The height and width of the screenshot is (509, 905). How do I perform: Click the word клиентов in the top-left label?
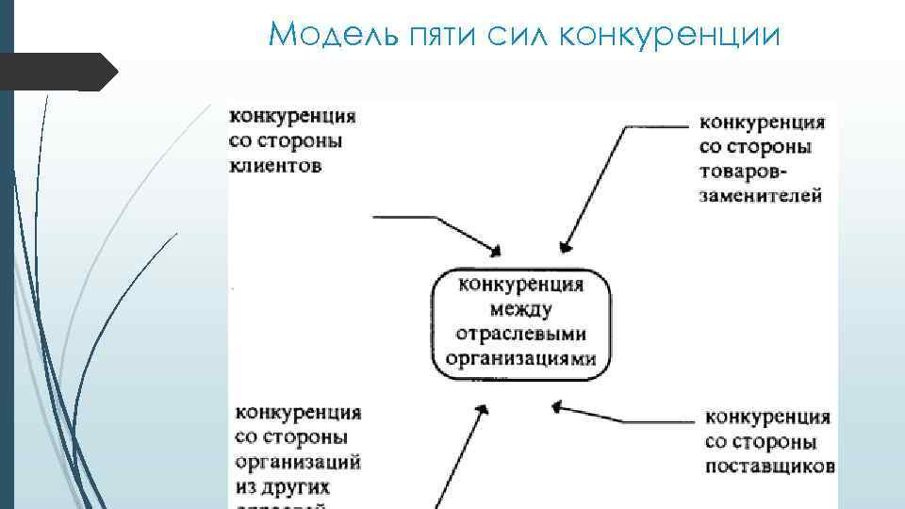(x=276, y=167)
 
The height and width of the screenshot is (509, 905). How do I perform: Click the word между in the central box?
(x=520, y=309)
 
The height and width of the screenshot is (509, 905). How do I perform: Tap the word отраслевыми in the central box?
(x=520, y=334)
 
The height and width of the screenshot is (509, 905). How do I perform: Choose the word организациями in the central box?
(x=520, y=358)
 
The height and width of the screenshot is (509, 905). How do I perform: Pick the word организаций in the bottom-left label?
(x=298, y=463)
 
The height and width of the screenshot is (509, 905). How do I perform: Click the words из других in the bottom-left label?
(x=283, y=487)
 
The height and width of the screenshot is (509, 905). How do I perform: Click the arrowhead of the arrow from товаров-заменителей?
(x=565, y=248)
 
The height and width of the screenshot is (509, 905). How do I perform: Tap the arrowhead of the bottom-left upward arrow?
(x=482, y=410)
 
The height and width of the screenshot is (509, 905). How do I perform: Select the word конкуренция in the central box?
(x=520, y=285)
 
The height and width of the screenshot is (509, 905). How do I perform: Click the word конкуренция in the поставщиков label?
(x=767, y=417)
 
